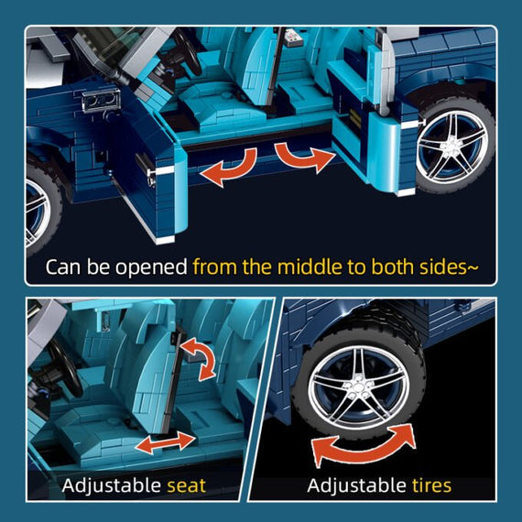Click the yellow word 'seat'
click(187, 485)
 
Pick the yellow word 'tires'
click(431, 485)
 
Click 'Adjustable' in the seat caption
click(113, 486)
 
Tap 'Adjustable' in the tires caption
click(357, 485)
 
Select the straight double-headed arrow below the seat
click(166, 442)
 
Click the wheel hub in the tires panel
click(359, 387)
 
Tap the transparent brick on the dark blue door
click(101, 100)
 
